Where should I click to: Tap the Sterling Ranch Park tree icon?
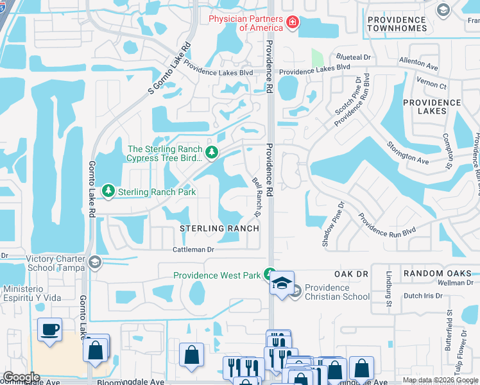pyautogui.click(x=108, y=191)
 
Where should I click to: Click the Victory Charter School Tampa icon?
pyautogui.click(x=95, y=262)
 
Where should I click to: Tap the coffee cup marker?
pyautogui.click(x=50, y=330)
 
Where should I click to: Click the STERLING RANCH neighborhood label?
pyautogui.click(x=219, y=228)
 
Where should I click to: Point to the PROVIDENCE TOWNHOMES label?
pyautogui.click(x=397, y=24)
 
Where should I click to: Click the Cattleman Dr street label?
pyautogui.click(x=193, y=249)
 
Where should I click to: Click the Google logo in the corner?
pyautogui.click(x=21, y=377)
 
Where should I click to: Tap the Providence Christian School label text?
pyautogui.click(x=337, y=292)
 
